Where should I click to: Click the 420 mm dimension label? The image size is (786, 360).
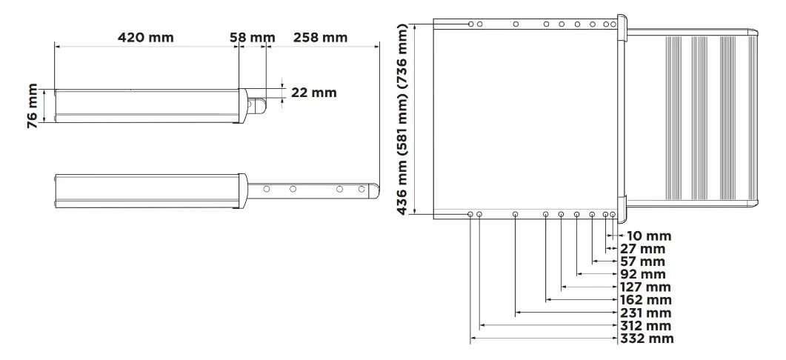[146, 38]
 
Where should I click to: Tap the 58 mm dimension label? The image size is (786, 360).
[253, 38]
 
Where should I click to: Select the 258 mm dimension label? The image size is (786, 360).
[320, 38]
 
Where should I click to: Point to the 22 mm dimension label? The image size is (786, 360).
[314, 93]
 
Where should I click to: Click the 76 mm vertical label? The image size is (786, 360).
[33, 106]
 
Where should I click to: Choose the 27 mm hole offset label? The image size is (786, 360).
[643, 249]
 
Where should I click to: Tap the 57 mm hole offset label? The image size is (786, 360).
[643, 261]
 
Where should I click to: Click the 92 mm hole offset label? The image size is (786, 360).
[643, 275]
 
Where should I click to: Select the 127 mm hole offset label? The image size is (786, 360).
[646, 287]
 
